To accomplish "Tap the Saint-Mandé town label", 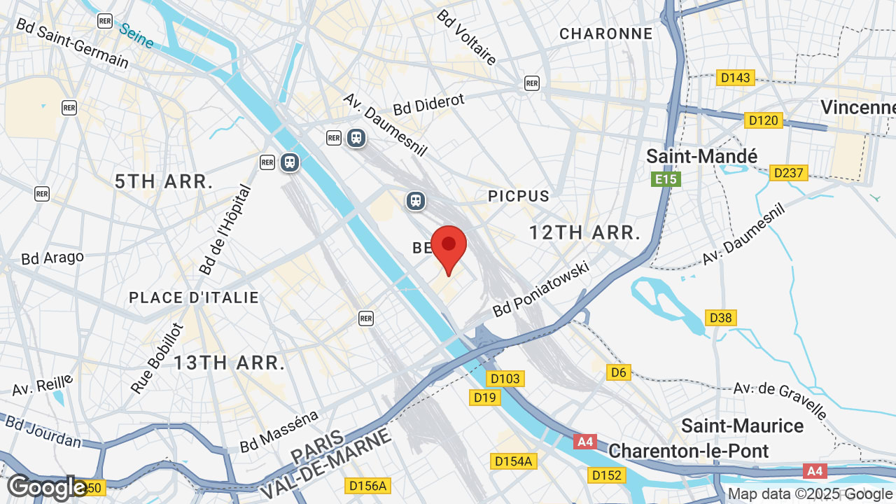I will coord(701,155).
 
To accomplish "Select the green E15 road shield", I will coord(666,179).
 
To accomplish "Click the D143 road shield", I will coord(735,78).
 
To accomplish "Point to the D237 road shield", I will coord(789,172).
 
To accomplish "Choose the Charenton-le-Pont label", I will coord(688,450).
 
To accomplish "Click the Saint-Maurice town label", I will coord(742,426).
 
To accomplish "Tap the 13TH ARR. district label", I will coord(230,363).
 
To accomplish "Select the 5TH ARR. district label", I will coord(164,182).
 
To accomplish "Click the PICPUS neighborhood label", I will coord(519,196).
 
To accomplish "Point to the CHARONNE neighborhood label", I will coord(605,34).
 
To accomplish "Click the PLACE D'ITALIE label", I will coord(194,297).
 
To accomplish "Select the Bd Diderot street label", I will coord(428,104).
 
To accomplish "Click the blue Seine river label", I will coord(136,36).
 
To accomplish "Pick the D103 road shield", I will coord(505,379).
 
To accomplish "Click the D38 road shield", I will coord(720,318).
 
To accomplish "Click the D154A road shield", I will coord(514,461).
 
